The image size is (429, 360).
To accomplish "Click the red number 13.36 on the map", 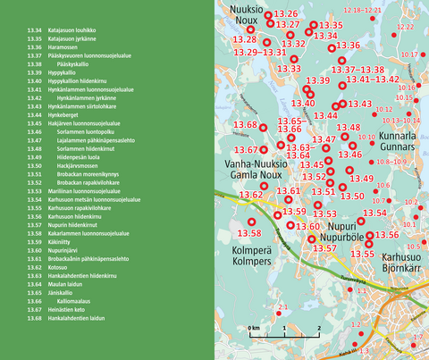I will [349, 46].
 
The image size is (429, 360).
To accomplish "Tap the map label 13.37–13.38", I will [360, 70].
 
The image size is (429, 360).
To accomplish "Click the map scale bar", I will [284, 337].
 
